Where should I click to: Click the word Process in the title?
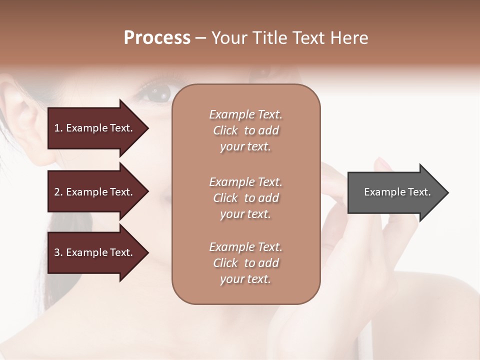pyautogui.click(x=157, y=38)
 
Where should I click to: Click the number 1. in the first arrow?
pyautogui.click(x=58, y=128)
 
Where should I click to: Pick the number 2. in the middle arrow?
pyautogui.click(x=58, y=192)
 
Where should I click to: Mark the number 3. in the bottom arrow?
pyautogui.click(x=58, y=252)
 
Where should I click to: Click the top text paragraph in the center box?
pyautogui.click(x=245, y=130)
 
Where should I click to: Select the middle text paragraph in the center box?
pyautogui.click(x=245, y=198)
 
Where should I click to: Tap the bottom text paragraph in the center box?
pyautogui.click(x=245, y=263)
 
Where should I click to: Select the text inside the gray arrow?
pyautogui.click(x=397, y=192)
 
